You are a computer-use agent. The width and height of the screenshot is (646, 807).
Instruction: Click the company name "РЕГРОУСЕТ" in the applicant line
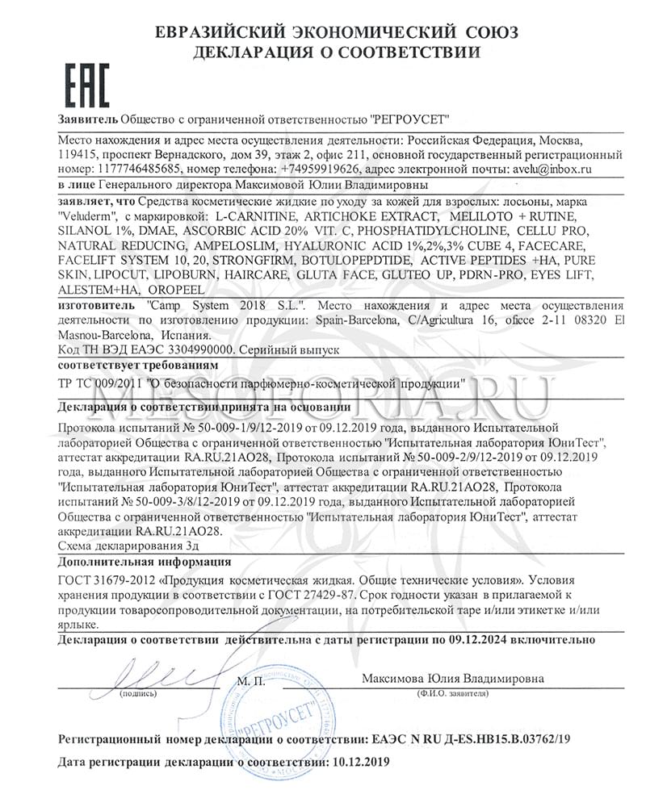coord(410,118)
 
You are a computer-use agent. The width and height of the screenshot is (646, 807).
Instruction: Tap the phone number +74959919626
coord(318,169)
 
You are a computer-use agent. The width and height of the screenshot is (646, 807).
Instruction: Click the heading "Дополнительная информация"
coord(145,562)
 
